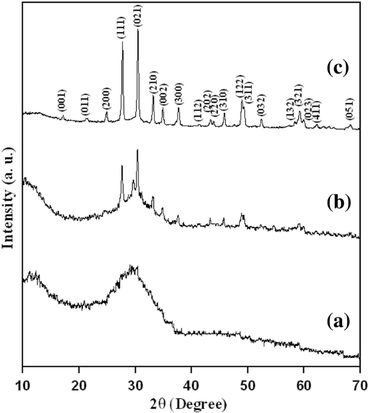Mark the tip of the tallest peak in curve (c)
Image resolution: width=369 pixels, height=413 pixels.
[x=138, y=30]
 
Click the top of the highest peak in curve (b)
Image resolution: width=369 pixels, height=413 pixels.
[x=137, y=150]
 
